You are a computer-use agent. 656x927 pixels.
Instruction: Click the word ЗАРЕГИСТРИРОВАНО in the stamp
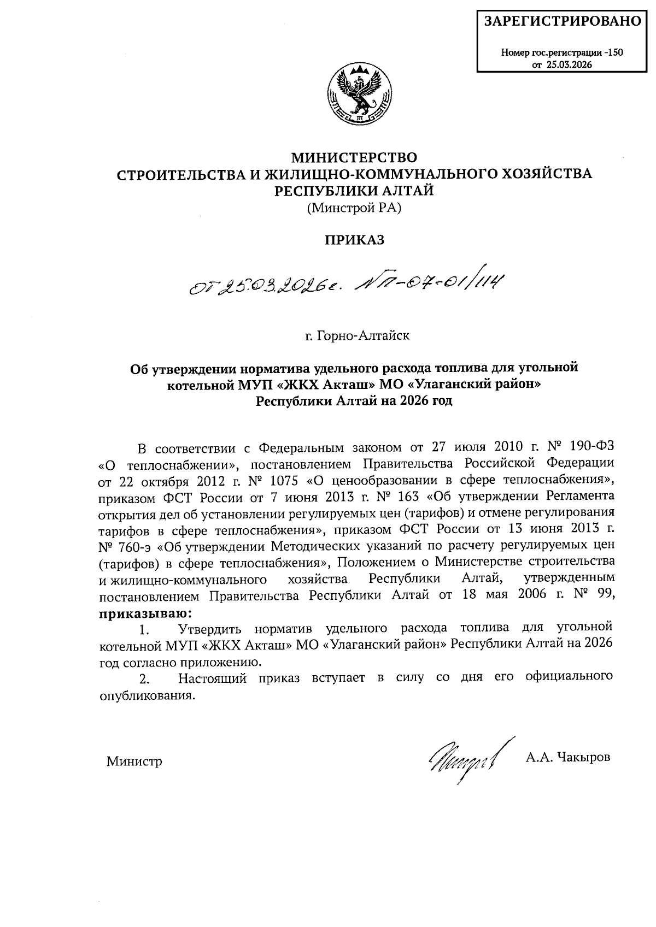tap(563, 21)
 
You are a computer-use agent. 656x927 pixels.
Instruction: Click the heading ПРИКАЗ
tap(355, 240)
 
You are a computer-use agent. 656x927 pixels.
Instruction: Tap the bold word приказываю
tap(145, 611)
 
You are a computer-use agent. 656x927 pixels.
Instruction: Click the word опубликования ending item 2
tap(147, 696)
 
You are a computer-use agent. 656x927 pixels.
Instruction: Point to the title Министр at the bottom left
tap(134, 761)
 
